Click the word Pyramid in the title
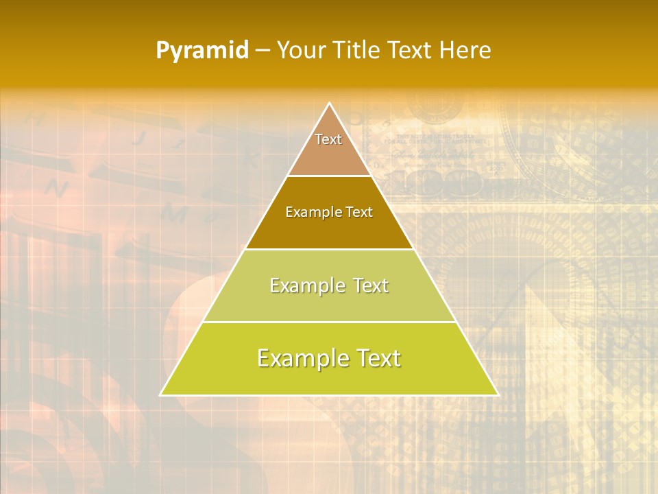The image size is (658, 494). tap(202, 51)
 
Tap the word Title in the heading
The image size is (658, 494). tap(358, 51)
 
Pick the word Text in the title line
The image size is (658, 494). tap(411, 51)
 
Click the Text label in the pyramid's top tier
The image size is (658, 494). tap(328, 139)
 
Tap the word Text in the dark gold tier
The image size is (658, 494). tap(359, 213)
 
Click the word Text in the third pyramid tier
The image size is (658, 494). tap(367, 285)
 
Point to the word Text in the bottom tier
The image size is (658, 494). tap(374, 358)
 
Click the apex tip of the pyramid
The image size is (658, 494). tap(329, 104)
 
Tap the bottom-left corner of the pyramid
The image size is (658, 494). tap(161, 395)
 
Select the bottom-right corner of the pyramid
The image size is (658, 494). tap(498, 395)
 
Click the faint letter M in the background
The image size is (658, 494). tap(175, 214)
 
